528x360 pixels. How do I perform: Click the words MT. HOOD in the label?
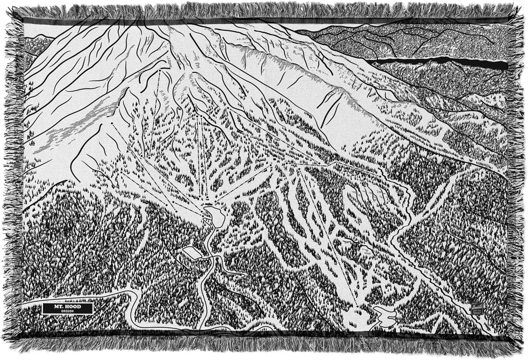67,307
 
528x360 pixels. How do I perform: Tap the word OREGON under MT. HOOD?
67,311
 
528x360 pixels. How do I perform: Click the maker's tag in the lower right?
476,308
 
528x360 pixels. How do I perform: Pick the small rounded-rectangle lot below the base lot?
191,252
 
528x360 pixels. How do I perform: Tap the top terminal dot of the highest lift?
159,70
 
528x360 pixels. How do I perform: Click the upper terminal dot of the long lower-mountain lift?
299,169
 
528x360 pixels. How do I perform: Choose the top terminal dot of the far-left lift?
112,124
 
